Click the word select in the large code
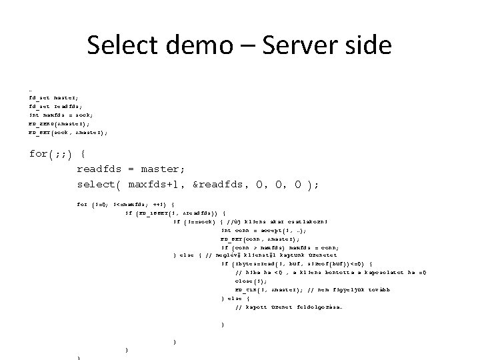coord(97,184)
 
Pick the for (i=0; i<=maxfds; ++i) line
coord(127,203)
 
